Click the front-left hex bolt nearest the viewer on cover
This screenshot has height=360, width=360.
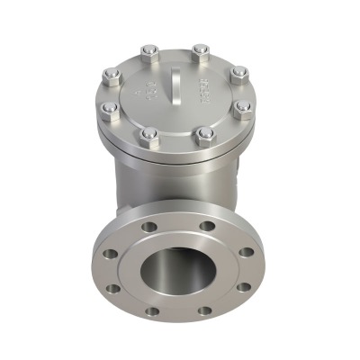tap(150, 135)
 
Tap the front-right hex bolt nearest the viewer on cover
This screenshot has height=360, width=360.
tap(204, 135)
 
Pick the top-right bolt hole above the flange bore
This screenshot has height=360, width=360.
tap(206, 225)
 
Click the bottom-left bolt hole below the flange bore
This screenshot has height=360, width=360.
tap(151, 310)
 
